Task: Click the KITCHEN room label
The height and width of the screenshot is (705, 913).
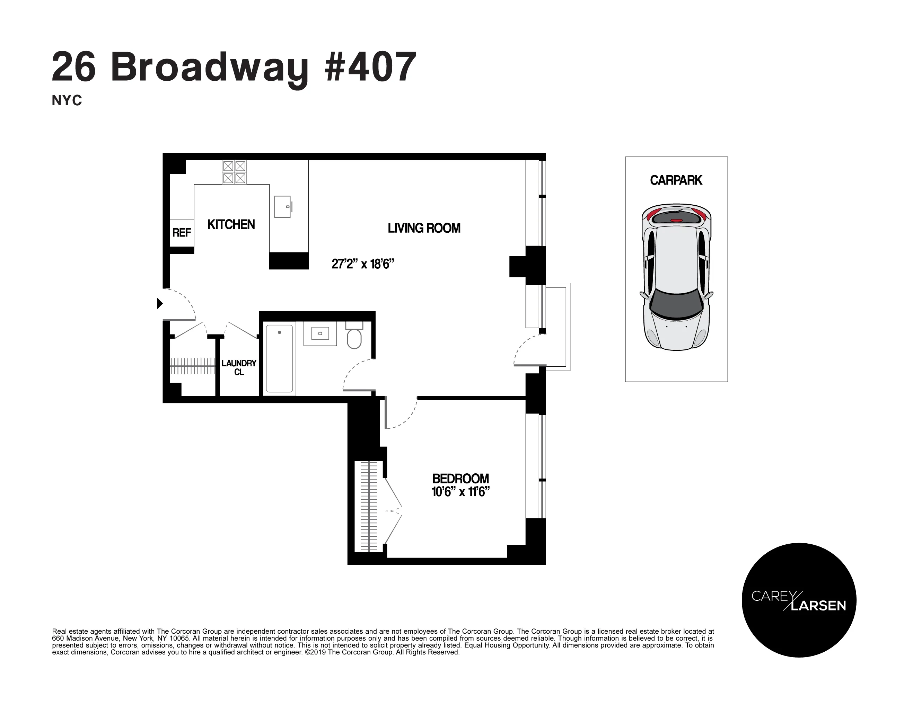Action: [231, 225]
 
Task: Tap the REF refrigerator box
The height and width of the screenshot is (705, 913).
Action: [182, 233]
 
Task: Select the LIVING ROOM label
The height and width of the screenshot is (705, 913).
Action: [424, 228]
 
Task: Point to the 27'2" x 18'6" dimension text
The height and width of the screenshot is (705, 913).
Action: [363, 264]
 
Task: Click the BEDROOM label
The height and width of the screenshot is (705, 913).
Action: [460, 478]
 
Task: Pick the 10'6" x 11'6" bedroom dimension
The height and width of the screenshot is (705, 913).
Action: [460, 492]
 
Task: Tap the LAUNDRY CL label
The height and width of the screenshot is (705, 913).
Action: [239, 367]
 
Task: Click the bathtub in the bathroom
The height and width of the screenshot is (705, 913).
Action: [279, 358]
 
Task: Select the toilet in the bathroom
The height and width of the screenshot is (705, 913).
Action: [354, 337]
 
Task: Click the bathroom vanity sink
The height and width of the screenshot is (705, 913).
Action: [320, 333]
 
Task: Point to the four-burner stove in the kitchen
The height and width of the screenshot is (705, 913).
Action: [234, 172]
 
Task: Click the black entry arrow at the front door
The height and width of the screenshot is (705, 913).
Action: [159, 303]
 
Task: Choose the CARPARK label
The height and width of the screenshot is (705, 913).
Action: [676, 180]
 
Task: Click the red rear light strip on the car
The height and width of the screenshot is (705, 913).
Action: [676, 220]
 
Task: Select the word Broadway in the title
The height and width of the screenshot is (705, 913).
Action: [209, 68]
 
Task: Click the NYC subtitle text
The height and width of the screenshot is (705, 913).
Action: [67, 101]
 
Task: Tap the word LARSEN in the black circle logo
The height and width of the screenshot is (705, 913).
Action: [818, 606]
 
